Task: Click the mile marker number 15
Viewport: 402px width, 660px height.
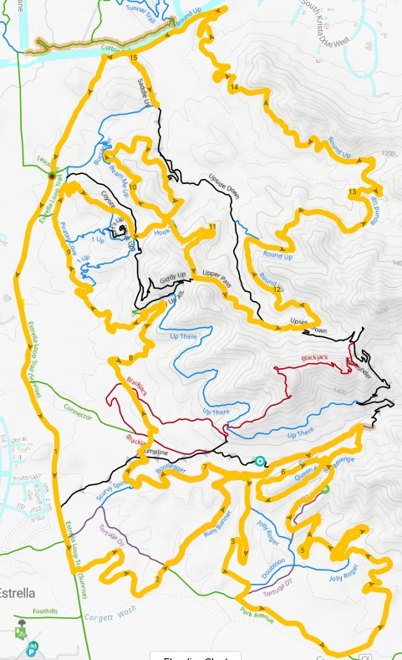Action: click(x=135, y=59)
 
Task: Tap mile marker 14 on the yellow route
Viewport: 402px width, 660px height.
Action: click(x=234, y=87)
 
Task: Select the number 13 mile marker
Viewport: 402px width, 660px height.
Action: click(x=352, y=192)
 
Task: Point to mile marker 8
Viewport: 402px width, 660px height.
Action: click(x=130, y=360)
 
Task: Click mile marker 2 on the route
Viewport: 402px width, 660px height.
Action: click(x=157, y=580)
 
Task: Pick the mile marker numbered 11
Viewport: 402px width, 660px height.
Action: click(x=212, y=227)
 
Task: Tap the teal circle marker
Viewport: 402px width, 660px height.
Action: click(x=259, y=461)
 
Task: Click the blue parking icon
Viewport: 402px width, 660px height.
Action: click(x=32, y=647)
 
